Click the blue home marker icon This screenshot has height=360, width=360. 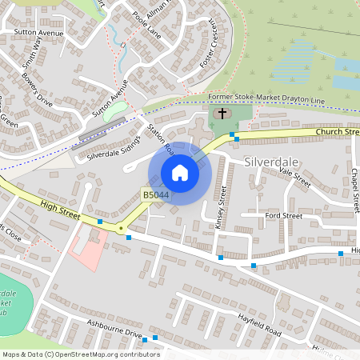pos(180,173)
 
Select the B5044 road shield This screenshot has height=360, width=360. pos(156,194)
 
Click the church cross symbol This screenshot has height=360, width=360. pos(222,113)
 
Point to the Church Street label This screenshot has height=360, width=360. pos(337,131)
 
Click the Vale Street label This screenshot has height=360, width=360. pos(295,177)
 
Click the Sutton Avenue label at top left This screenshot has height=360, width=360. pos(38,33)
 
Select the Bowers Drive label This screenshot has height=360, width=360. pos(36,93)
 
